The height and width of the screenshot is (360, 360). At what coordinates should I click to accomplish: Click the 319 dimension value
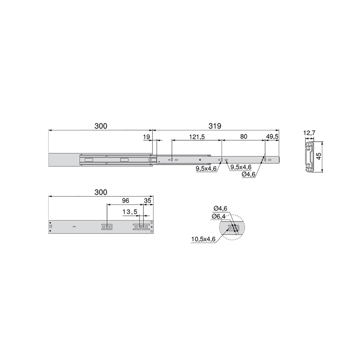tap(215, 126)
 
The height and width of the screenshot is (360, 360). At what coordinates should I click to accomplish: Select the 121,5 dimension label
tap(197, 137)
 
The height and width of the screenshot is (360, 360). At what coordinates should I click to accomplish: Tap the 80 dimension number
tap(244, 137)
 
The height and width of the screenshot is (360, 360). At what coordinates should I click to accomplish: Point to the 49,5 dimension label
tap(272, 137)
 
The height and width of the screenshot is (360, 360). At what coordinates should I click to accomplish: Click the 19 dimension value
tap(147, 137)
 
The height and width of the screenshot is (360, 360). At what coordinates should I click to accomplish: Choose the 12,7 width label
tap(309, 133)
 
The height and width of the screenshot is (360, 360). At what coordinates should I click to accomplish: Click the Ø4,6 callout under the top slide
tap(249, 174)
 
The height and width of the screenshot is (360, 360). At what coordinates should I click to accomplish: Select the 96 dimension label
tap(126, 200)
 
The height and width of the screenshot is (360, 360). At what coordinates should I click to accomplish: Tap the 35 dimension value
tap(148, 200)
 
